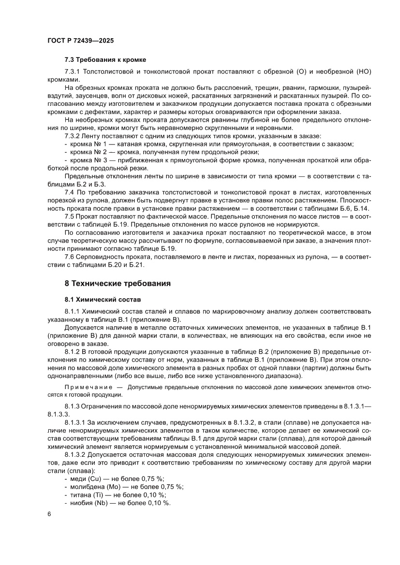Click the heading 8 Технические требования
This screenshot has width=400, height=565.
[x=118, y=283]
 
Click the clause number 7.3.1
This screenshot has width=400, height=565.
[x=73, y=72]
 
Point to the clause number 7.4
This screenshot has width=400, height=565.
[x=70, y=192]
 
